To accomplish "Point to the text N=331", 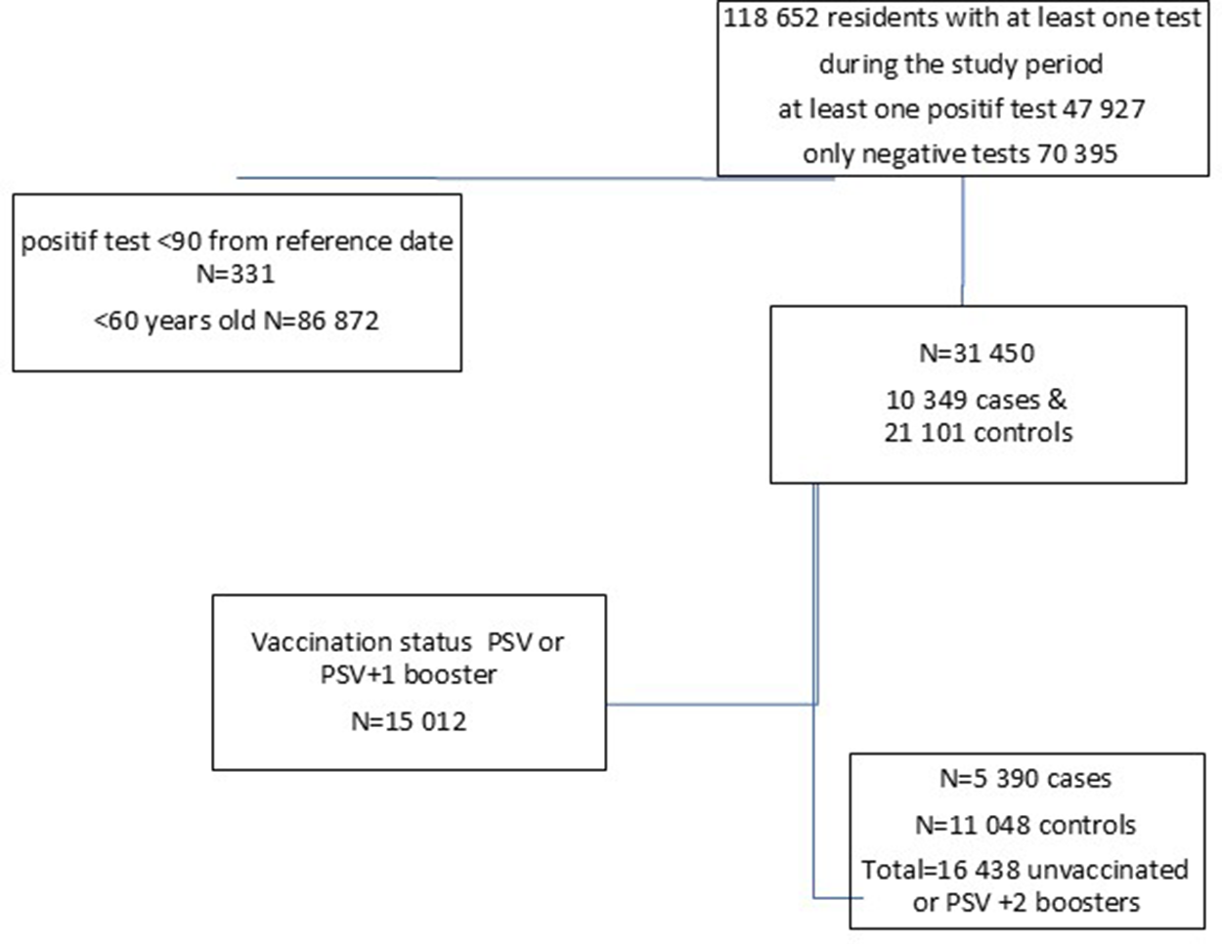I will tap(236, 274).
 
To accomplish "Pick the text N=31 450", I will tap(977, 353).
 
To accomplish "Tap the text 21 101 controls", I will tap(978, 432).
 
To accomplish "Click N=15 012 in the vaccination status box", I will tap(409, 721).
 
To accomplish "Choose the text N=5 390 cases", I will tap(1026, 779).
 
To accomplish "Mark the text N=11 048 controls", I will tap(1026, 825).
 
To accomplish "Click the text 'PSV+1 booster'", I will tap(409, 674).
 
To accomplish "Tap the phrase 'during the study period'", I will tap(961, 64).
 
